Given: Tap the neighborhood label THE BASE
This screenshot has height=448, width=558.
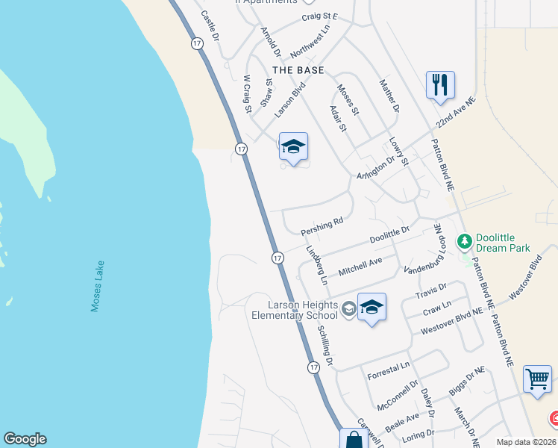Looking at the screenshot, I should (298, 70).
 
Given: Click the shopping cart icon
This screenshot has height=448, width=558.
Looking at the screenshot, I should (537, 379).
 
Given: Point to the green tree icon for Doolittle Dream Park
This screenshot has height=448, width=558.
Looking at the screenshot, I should (465, 240).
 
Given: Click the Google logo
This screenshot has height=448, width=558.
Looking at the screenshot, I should (25, 439).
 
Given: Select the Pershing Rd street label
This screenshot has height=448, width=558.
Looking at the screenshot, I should (322, 223).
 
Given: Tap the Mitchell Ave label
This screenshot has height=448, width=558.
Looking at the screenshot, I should (360, 265).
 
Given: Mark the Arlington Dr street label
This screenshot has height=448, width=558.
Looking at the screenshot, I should (375, 169).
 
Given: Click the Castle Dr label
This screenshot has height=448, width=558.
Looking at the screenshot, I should (210, 25).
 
